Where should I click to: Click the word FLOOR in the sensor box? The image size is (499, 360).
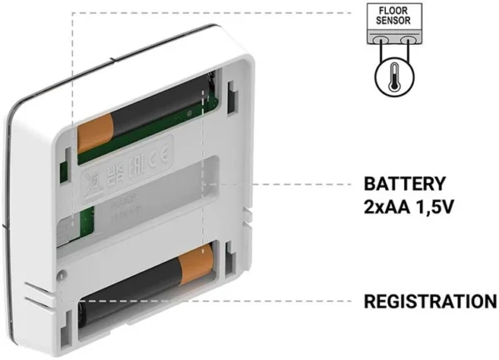tap(394, 11)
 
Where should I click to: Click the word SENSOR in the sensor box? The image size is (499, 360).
tap(394, 22)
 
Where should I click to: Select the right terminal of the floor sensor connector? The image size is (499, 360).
tap(407, 40)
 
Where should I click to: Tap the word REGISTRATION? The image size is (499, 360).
tap(430, 302)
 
